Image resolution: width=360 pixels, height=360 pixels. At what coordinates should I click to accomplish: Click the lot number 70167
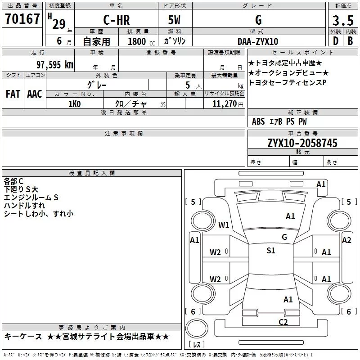coord(22,18)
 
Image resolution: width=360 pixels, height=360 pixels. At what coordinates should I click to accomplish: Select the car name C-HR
coord(117,20)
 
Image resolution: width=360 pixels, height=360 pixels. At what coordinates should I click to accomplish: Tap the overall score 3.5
coord(343,20)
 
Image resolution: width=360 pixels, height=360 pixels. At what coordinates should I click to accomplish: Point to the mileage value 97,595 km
coord(55,65)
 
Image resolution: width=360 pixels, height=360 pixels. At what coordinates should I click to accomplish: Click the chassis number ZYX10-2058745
coord(302,143)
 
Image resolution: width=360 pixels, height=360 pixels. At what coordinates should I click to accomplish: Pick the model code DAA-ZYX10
coord(258,41)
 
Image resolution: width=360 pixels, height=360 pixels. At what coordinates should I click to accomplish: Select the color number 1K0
coord(75,104)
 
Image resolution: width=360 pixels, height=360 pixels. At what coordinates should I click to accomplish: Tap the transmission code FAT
coord(13,94)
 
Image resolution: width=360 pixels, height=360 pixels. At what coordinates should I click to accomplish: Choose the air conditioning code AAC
coord(35,94)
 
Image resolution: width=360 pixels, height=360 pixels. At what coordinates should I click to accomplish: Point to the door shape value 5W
coord(174,20)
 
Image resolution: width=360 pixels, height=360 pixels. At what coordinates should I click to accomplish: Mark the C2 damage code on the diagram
coord(283,322)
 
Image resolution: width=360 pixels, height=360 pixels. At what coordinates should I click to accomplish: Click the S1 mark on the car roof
coord(271,250)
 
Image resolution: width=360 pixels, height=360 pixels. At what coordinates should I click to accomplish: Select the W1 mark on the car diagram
coord(224,225)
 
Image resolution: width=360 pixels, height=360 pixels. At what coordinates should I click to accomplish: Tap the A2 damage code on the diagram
coord(346,240)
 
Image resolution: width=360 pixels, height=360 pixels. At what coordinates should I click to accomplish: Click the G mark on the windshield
coord(284,237)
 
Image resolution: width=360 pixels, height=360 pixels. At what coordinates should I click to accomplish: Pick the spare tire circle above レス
coord(197,328)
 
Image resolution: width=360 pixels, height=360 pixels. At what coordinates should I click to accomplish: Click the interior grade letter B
coord(350,41)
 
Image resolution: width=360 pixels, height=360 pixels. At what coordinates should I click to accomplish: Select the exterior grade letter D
coord(336,41)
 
